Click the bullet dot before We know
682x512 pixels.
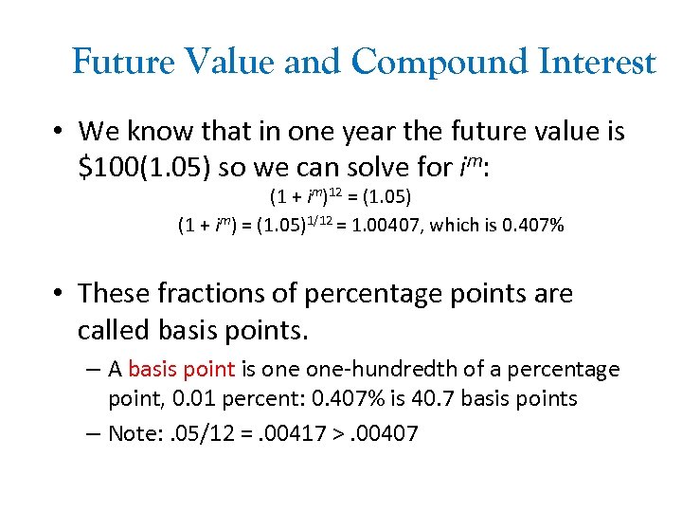tap(58, 131)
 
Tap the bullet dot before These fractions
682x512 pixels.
tap(58, 294)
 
